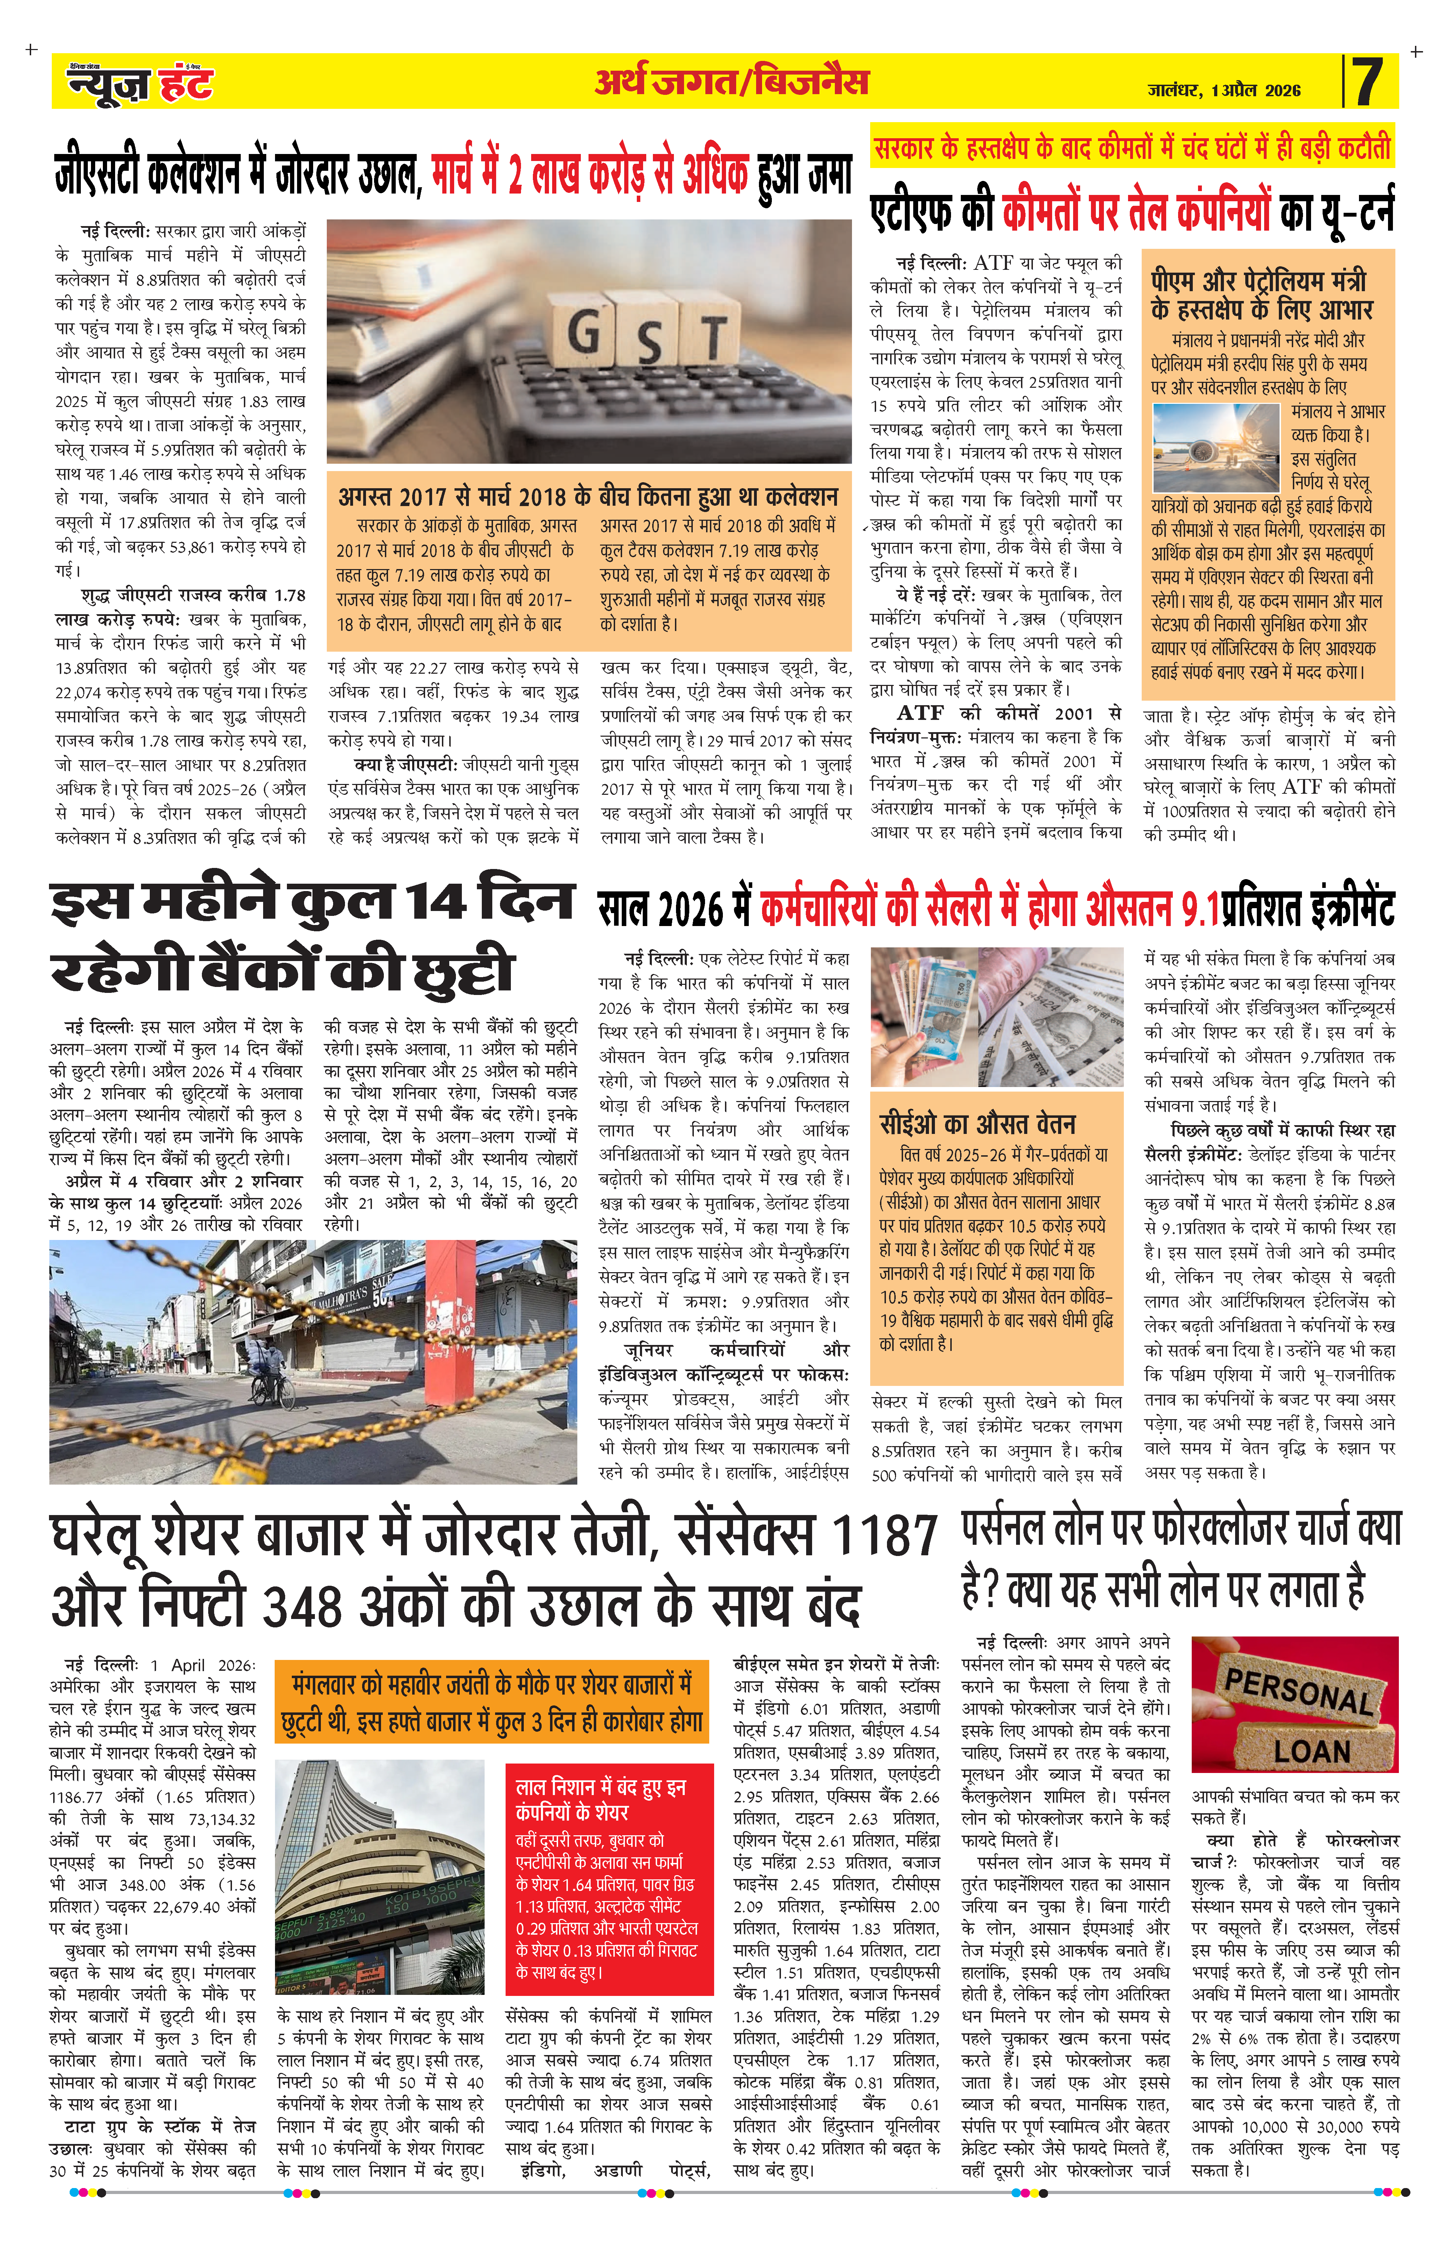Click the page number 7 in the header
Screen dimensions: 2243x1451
[1368, 82]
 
